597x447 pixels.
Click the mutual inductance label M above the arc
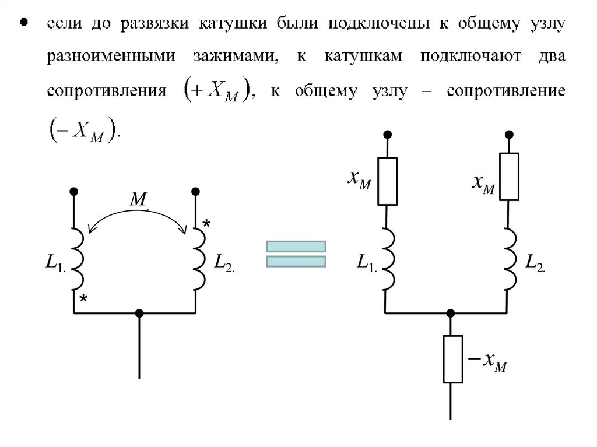tap(138, 200)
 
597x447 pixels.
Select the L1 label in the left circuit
tap(58, 263)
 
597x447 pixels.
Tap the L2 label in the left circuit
tap(224, 263)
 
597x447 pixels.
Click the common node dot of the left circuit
tap(139, 313)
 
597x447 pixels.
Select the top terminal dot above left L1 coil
tap(74, 191)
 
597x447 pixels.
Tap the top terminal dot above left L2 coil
tap(196, 191)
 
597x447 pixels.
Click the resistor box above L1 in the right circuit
tap(387, 181)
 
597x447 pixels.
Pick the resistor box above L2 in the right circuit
tap(509, 176)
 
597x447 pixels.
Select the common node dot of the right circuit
tap(450, 313)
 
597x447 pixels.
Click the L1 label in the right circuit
tap(367, 263)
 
